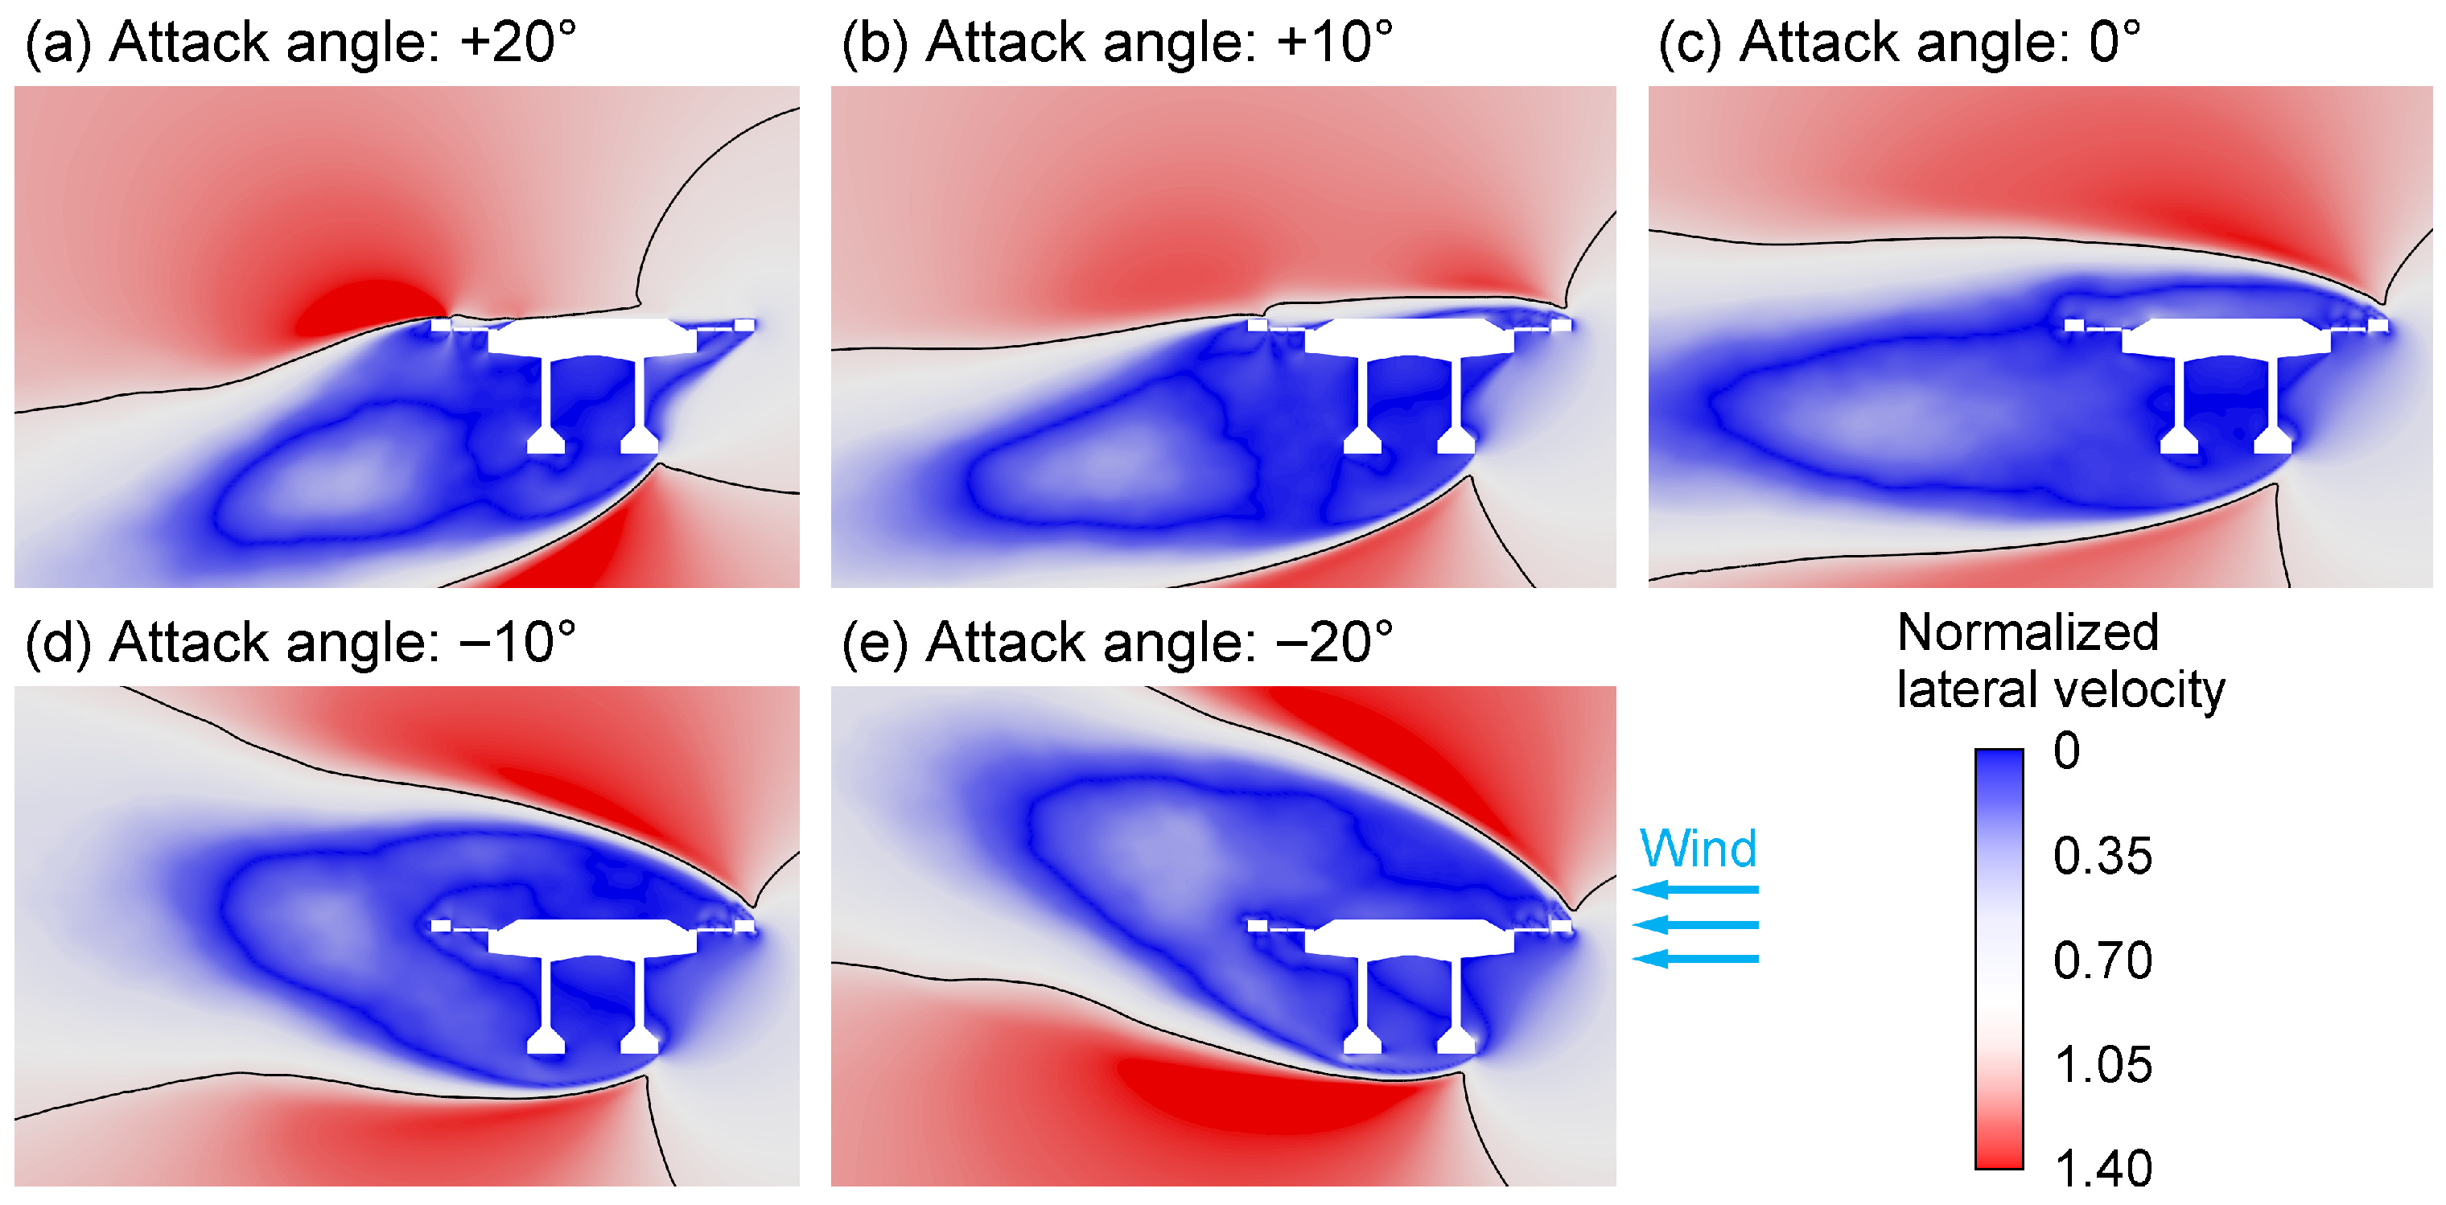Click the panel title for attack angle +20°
(299, 43)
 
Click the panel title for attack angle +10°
(1117, 43)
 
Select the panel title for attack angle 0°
(1899, 43)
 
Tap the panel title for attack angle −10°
(299, 643)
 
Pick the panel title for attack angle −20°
(1117, 643)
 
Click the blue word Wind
(1698, 848)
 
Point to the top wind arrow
(1696, 890)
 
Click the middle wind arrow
(1696, 924)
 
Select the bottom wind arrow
(1696, 959)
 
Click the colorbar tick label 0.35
(2102, 857)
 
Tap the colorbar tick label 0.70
(2102, 961)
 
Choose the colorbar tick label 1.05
(2102, 1065)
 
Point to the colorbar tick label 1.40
(2102, 1169)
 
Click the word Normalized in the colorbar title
(2028, 632)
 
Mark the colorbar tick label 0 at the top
(2066, 751)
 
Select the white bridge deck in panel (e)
(1407, 937)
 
